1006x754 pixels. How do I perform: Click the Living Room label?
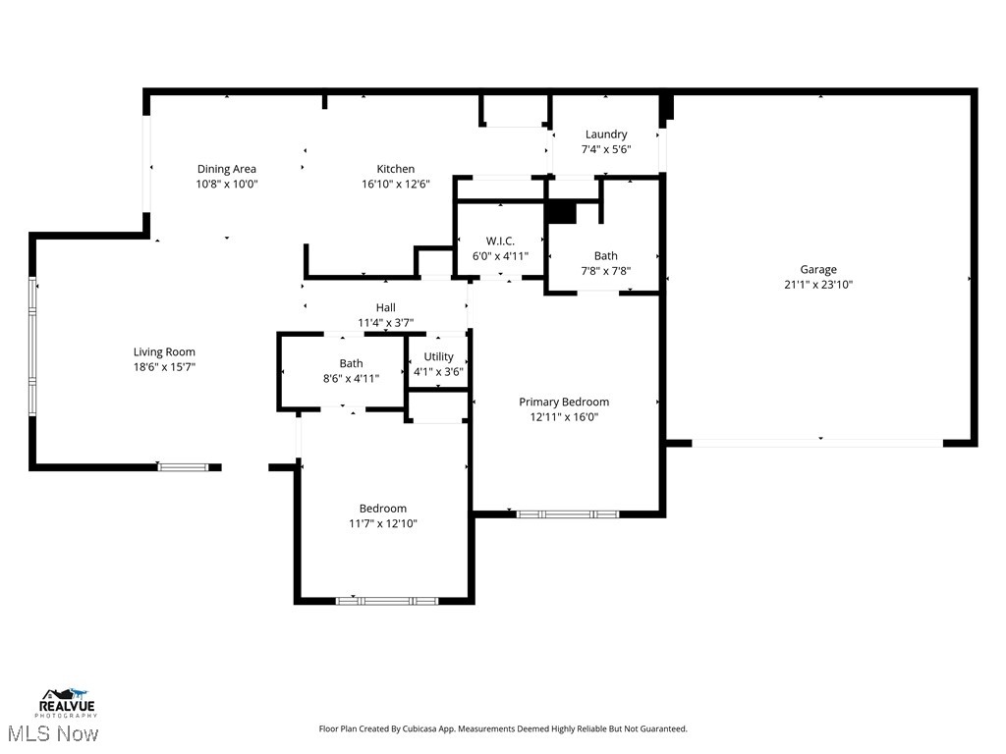click(164, 351)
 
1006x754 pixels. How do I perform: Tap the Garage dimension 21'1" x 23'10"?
click(818, 285)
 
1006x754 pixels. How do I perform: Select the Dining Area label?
click(226, 169)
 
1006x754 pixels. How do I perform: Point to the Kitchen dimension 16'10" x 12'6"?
click(396, 184)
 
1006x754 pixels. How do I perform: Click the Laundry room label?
click(606, 135)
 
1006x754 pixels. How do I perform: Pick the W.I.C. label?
click(500, 241)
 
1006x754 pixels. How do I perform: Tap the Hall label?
click(385, 307)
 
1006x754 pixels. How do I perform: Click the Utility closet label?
click(438, 356)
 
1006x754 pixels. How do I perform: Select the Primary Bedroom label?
click(564, 402)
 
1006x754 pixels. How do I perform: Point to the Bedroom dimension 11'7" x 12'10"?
click(382, 523)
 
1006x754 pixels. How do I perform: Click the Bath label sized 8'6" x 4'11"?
click(351, 363)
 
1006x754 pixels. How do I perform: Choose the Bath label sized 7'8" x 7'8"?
click(606, 255)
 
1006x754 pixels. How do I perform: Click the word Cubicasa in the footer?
click(428, 728)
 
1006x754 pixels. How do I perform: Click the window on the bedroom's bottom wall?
click(386, 600)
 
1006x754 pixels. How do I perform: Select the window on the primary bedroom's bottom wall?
click(568, 513)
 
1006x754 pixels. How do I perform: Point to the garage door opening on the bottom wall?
click(817, 444)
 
